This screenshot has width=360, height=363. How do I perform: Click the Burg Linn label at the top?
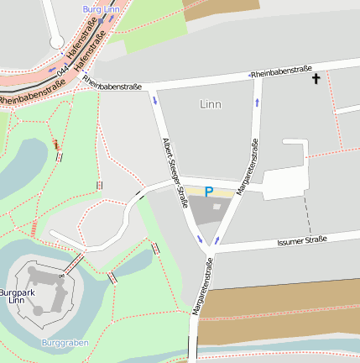(x=100, y=8)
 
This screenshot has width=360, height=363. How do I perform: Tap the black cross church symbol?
(x=316, y=79)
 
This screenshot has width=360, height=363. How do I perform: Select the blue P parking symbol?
(x=209, y=192)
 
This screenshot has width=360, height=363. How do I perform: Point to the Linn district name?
(x=211, y=104)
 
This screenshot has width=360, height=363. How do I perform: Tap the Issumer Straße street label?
(x=300, y=242)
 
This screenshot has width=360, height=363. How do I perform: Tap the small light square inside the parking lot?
(x=217, y=207)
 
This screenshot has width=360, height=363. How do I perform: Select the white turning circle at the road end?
(x=56, y=41)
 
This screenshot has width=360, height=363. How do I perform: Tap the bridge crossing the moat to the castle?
(x=74, y=263)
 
